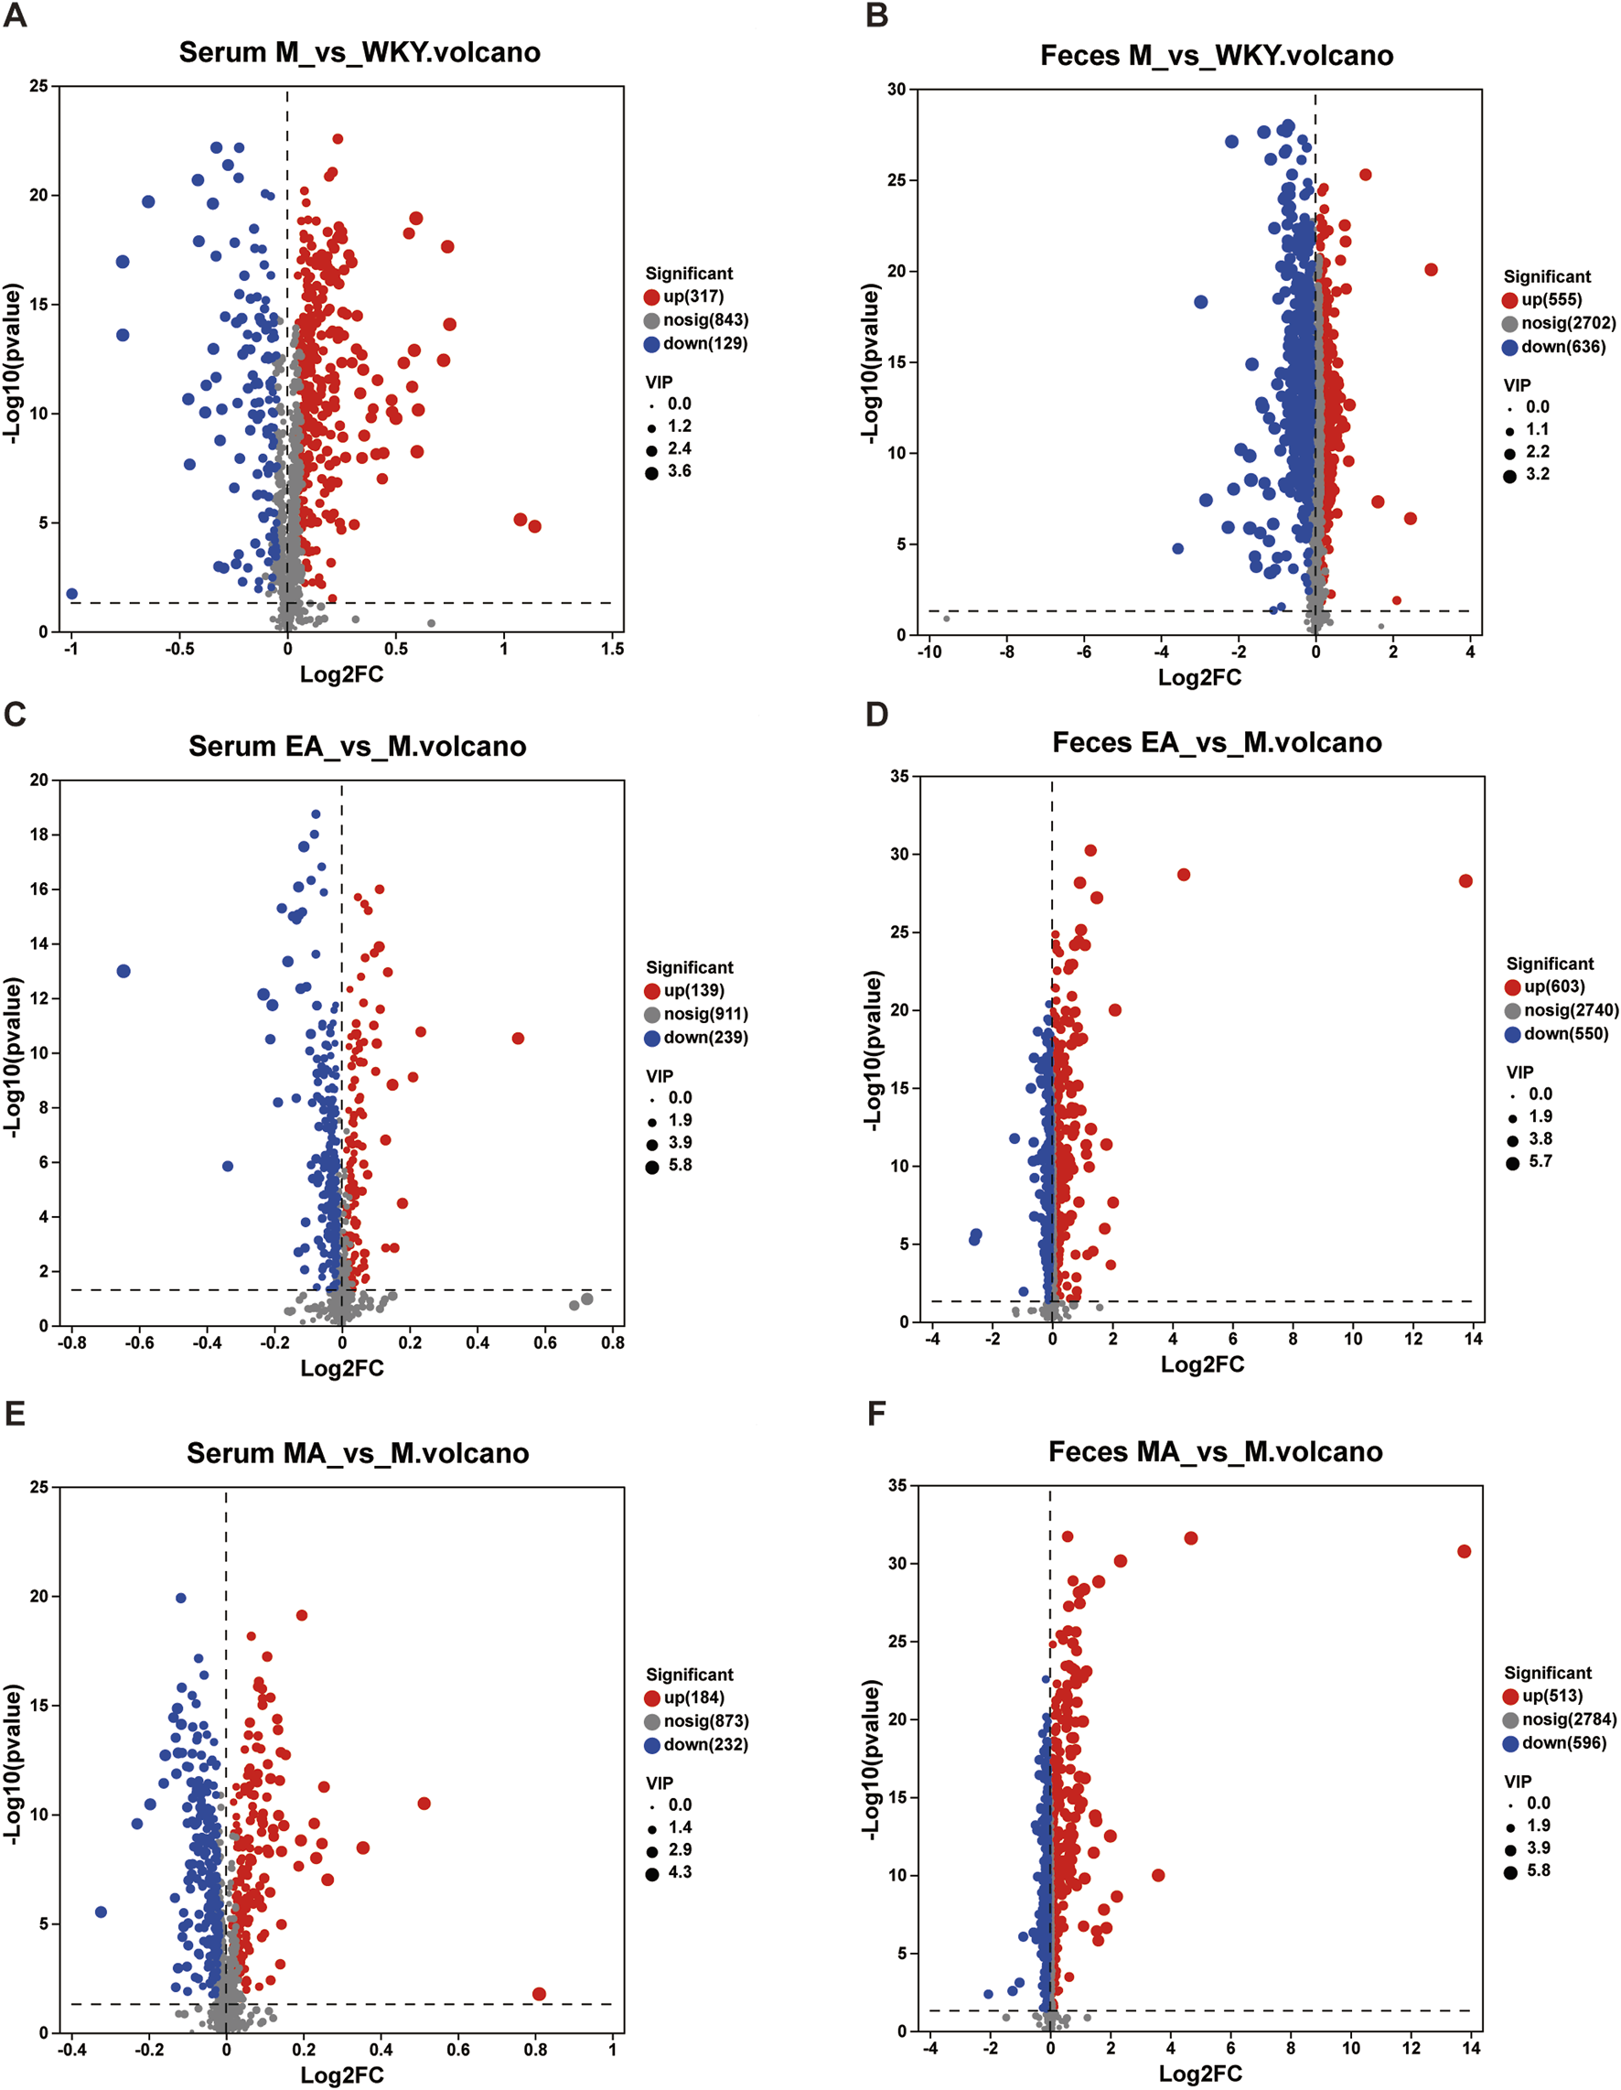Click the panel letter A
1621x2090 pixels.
(x=15, y=16)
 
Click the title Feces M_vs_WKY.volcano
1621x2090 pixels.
(x=1217, y=56)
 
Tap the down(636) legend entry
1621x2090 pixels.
(x=1562, y=347)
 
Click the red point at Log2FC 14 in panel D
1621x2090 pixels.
(x=1465, y=880)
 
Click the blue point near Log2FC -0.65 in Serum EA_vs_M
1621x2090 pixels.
(x=123, y=971)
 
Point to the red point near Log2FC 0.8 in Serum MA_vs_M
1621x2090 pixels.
(x=539, y=1993)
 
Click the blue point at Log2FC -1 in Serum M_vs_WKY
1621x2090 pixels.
(x=71, y=594)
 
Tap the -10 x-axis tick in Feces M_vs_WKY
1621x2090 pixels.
(x=929, y=652)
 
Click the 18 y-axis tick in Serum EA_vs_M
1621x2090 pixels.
(x=38, y=835)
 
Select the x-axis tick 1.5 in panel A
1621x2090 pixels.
(x=612, y=649)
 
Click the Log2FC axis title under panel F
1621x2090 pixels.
(x=1200, y=2074)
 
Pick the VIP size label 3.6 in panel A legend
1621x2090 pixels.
(x=679, y=471)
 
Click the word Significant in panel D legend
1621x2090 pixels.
(x=1550, y=964)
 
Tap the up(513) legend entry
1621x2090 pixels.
(x=1552, y=1696)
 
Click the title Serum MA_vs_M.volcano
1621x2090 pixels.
(x=358, y=1454)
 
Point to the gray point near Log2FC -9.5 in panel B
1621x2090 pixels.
(x=947, y=619)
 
